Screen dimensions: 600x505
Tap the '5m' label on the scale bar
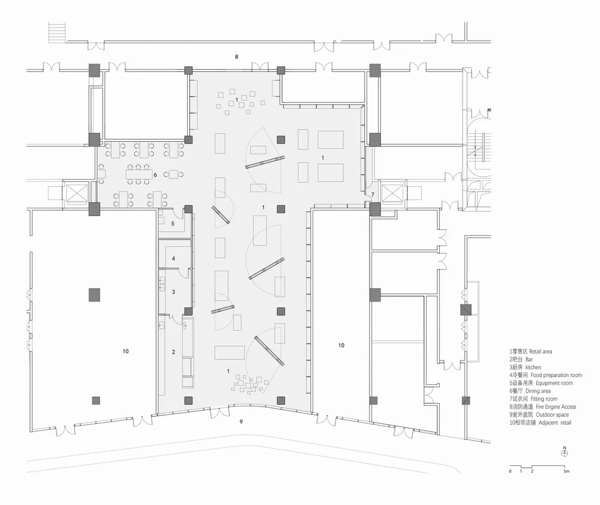(566, 471)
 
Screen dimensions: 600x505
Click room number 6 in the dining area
(155, 175)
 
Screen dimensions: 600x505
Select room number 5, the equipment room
(173, 223)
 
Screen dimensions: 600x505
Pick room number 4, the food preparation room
(173, 259)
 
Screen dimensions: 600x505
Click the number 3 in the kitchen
(173, 292)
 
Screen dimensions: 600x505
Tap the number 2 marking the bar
(173, 352)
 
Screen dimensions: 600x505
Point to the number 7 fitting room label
(373, 195)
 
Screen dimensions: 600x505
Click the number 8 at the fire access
(236, 56)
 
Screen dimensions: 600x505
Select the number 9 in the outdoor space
(241, 422)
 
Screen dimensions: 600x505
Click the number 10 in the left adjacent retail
(125, 351)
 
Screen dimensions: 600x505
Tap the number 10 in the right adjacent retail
(341, 345)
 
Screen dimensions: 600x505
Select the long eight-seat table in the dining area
(139, 175)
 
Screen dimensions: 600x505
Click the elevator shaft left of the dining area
(77, 193)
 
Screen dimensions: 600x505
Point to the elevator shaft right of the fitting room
(392, 194)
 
